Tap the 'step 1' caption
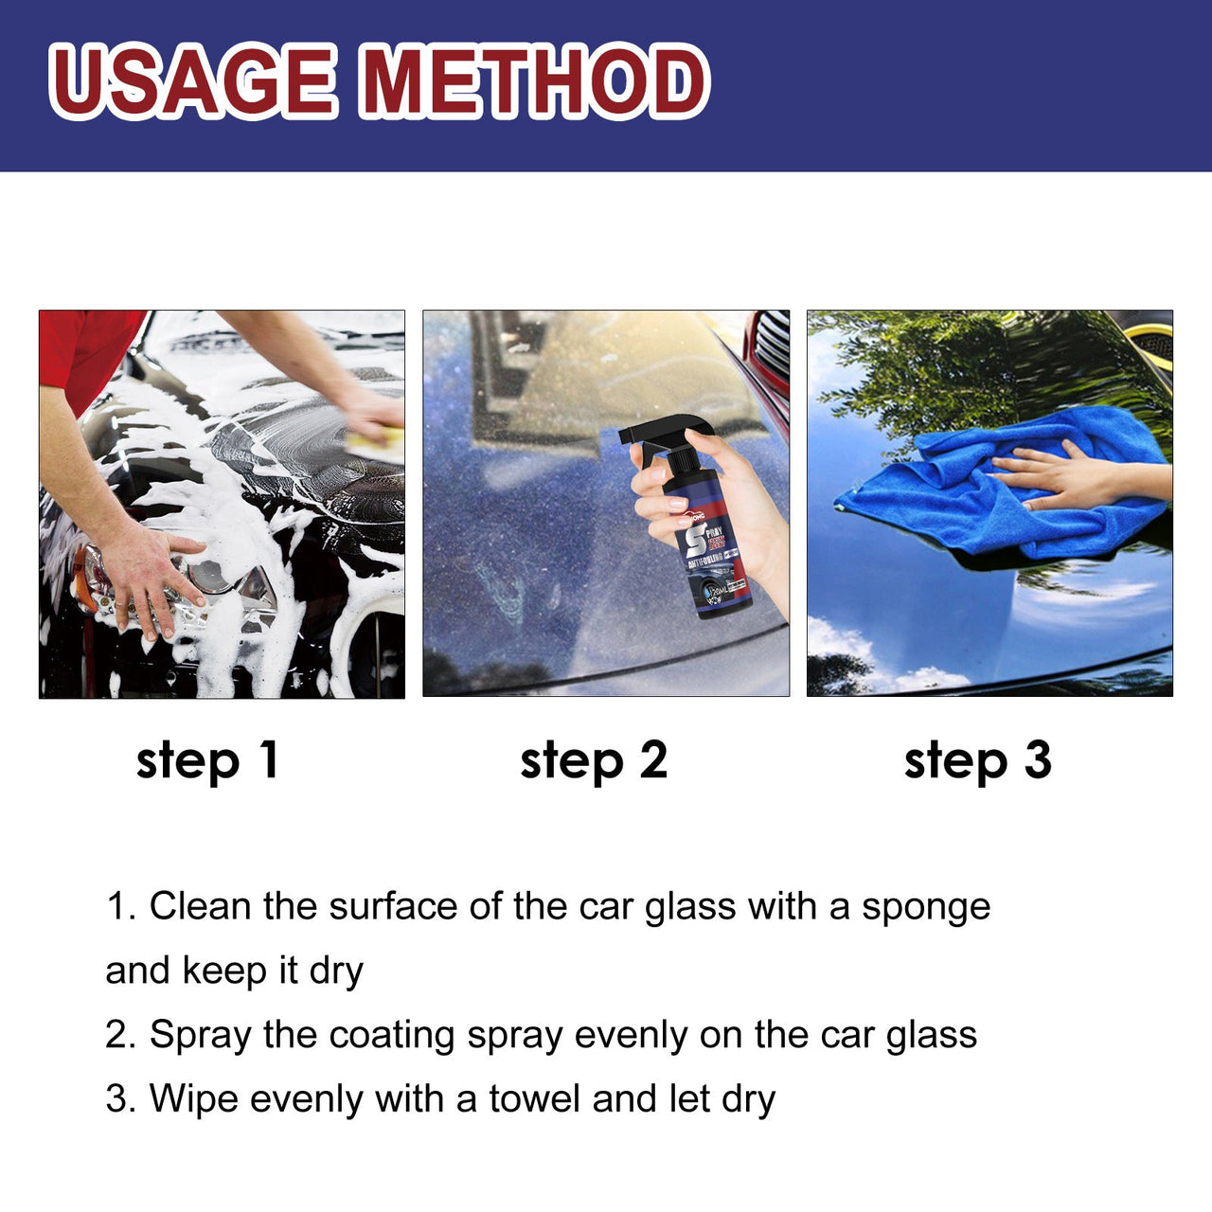pos(207,761)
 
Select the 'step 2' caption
pos(594,761)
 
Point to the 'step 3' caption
pos(977,761)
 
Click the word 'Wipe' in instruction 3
pos(193,1099)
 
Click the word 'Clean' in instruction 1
pos(200,907)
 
